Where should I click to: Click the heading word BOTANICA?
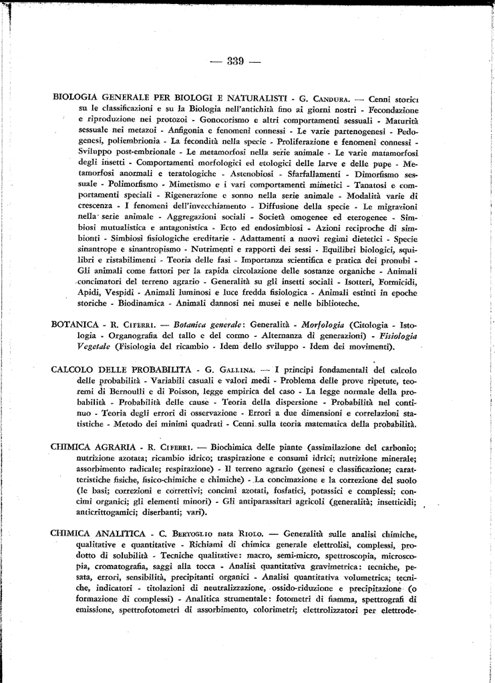(x=75, y=325)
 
